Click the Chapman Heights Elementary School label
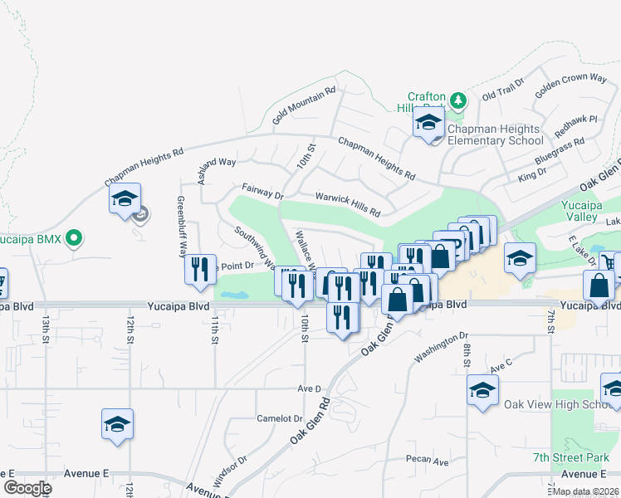click(496, 134)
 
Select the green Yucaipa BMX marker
click(74, 239)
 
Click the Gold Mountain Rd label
click(303, 107)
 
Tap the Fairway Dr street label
click(262, 193)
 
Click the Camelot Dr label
click(279, 418)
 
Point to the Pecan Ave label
click(428, 461)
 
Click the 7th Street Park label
click(572, 458)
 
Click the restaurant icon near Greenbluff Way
click(200, 270)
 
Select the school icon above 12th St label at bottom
click(118, 424)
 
